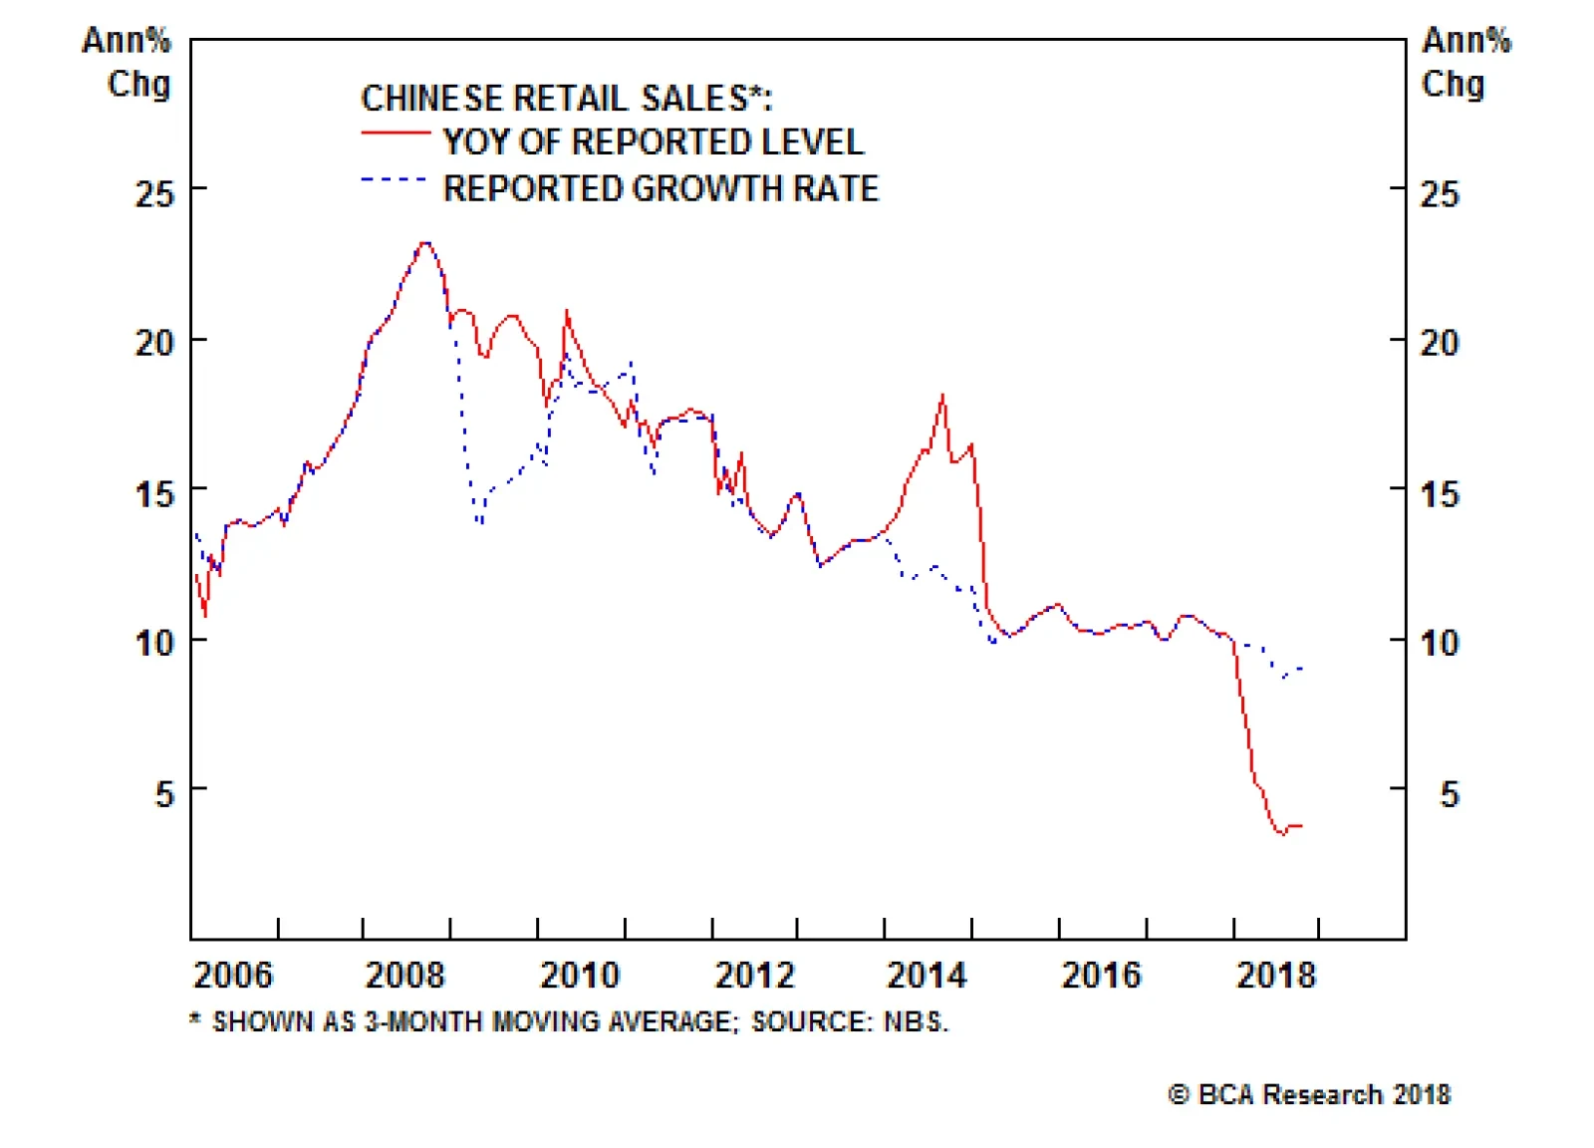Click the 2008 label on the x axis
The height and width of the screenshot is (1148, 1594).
tap(404, 975)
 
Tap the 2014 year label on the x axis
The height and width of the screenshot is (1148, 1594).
tap(927, 975)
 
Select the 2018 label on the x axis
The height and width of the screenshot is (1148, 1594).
tap(1276, 975)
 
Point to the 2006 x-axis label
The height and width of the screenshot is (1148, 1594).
tap(232, 975)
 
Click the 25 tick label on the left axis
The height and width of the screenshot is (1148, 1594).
tap(154, 193)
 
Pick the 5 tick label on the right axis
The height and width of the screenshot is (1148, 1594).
tap(1450, 794)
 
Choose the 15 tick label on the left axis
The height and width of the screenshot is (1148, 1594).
tap(154, 493)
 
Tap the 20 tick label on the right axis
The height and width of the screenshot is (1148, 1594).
tap(1440, 343)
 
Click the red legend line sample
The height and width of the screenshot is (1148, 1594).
tap(396, 133)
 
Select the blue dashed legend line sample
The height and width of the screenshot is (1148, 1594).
tap(394, 179)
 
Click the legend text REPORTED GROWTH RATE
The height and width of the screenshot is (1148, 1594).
tap(661, 188)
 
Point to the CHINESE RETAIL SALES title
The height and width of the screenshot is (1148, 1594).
tap(566, 98)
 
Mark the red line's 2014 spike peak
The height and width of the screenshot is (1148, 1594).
tap(942, 396)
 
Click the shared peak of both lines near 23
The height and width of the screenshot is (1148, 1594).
tap(425, 242)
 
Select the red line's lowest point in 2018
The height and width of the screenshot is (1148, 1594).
tap(1282, 834)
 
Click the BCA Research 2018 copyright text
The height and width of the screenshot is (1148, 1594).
tap(1309, 1094)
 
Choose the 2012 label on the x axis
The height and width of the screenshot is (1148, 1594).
tap(754, 975)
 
